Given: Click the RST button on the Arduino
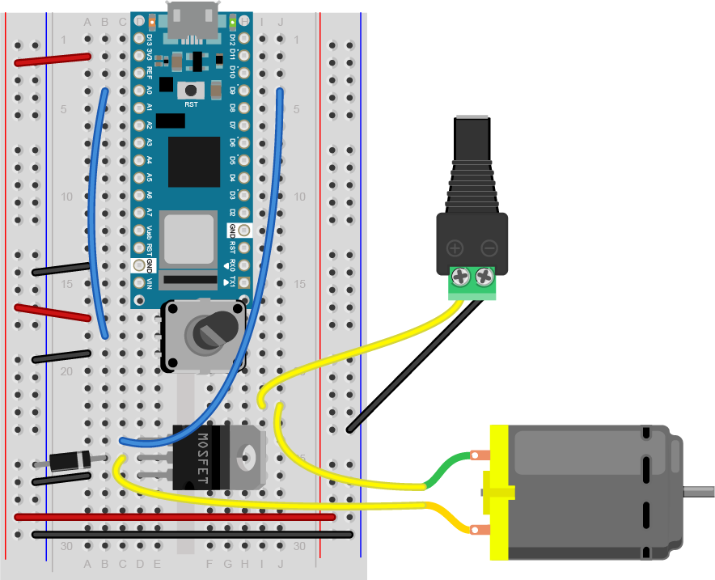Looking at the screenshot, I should (x=192, y=91).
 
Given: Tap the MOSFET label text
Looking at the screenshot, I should (x=201, y=459).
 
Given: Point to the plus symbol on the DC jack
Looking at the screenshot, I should (x=455, y=248).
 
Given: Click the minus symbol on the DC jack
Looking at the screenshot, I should (x=489, y=248).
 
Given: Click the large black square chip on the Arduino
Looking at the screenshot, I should (x=193, y=162).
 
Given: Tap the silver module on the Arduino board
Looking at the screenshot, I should (x=188, y=239).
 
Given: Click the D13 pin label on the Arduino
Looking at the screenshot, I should (x=150, y=38).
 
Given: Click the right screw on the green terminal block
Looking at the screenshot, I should (x=484, y=277).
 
